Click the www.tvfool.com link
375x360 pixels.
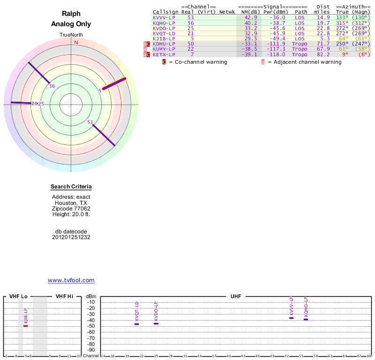tap(71, 280)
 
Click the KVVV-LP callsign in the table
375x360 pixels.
tap(164, 17)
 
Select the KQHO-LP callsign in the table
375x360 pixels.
tap(164, 22)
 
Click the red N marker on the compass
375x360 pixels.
tap(76, 42)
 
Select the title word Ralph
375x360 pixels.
tap(71, 14)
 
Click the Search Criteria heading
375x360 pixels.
tap(71, 187)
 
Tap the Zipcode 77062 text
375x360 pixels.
tap(71, 209)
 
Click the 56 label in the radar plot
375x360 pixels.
tap(52, 86)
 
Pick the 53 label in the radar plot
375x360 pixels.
tap(90, 122)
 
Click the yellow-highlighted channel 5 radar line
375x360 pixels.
tap(115, 83)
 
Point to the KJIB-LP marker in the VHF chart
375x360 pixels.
tap(26, 325)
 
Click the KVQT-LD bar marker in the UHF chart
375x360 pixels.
tap(137, 324)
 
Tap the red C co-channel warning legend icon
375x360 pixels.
tap(164, 62)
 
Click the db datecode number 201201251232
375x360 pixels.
tap(71, 237)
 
